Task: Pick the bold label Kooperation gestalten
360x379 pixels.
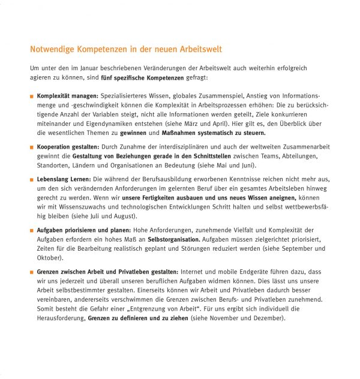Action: click(68, 147)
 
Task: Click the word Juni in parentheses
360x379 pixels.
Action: click(248, 166)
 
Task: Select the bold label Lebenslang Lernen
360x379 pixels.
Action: click(64, 179)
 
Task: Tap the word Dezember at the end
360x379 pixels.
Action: click(268, 318)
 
